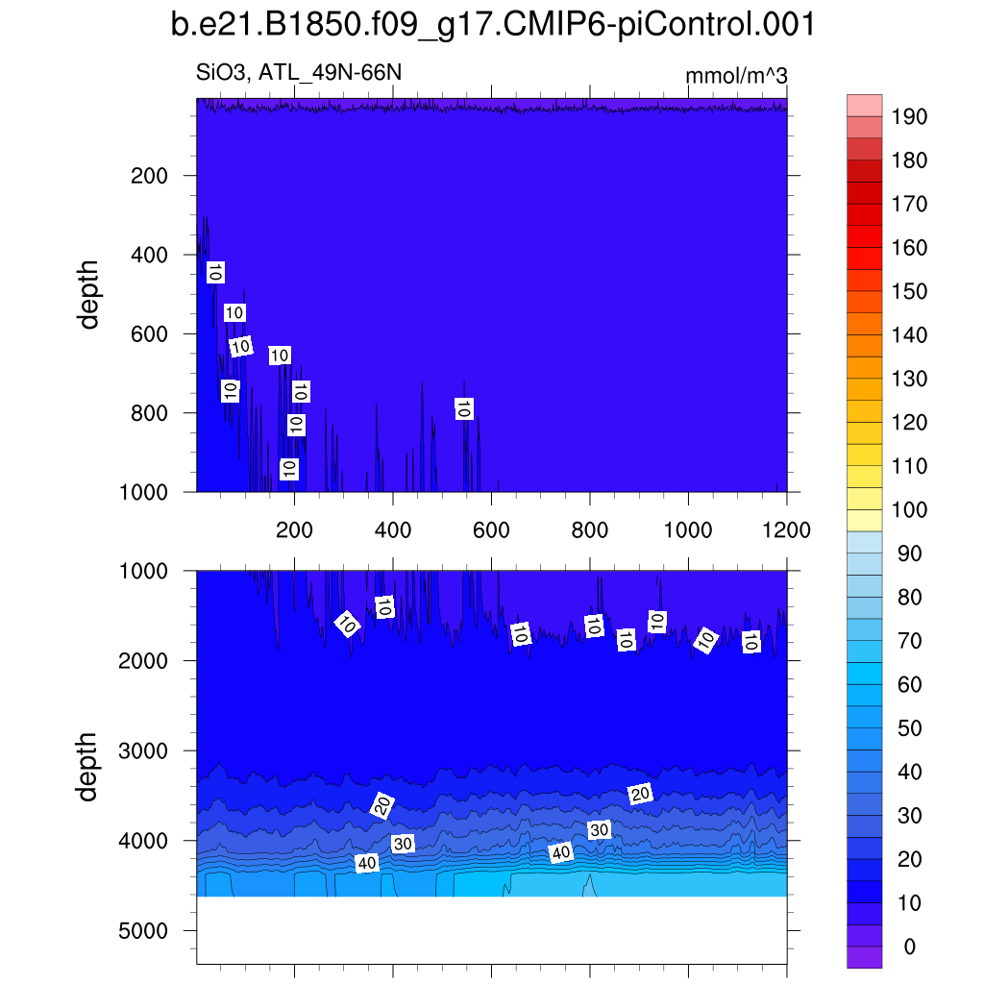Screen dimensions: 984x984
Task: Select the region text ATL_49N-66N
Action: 334,74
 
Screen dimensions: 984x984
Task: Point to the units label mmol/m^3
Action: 736,76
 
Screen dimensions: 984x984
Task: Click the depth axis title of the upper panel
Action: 89,293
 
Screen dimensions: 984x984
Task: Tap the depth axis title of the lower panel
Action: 89,766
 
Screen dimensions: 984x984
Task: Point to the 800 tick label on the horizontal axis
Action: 589,529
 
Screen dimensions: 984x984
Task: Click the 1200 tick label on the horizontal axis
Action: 786,529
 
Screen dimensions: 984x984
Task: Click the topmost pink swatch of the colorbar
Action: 864,106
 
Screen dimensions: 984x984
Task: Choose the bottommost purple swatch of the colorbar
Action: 864,957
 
